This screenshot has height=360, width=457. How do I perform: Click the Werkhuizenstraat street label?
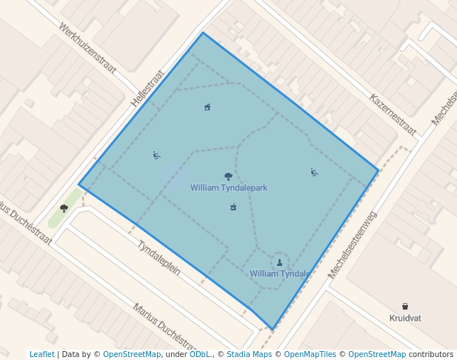point(87,50)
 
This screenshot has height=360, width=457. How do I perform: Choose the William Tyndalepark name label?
point(228,188)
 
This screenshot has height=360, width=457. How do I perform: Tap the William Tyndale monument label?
point(279,273)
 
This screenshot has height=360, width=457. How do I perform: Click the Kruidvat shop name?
point(405,318)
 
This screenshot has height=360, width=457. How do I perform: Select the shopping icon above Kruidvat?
point(405,306)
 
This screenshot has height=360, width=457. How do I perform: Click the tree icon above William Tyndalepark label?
point(228,176)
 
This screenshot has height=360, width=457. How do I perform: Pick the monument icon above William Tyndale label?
point(279,262)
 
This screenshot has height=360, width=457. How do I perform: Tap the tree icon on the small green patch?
point(64,208)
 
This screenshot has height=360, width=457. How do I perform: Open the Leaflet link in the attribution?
point(41,354)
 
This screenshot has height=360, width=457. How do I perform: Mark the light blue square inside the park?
point(174,176)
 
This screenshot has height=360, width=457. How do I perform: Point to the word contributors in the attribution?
point(431,354)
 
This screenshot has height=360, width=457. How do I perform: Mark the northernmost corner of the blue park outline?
point(203,33)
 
